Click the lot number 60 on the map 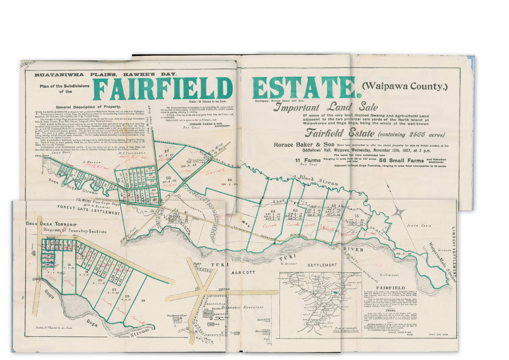click(230, 179)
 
